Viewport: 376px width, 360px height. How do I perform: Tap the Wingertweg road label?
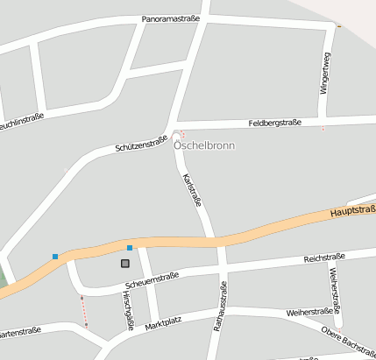[x=325, y=73]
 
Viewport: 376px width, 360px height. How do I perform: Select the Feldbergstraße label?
[x=274, y=124]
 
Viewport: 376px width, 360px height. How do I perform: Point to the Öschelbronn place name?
[x=203, y=145]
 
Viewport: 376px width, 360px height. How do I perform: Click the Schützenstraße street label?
[x=140, y=145]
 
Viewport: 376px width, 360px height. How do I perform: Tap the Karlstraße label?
[x=192, y=190]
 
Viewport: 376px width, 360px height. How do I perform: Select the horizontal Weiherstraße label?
[x=313, y=312]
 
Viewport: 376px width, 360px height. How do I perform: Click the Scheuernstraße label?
[x=152, y=280]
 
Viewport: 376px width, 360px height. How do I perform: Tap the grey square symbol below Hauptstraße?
[x=125, y=263]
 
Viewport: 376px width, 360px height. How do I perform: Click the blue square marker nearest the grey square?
[x=130, y=248]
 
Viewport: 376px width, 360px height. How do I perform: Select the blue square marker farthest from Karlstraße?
[x=55, y=257]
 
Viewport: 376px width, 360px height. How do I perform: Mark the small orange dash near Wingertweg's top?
[x=339, y=27]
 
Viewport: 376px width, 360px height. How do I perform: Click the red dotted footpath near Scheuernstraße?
[x=84, y=311]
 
